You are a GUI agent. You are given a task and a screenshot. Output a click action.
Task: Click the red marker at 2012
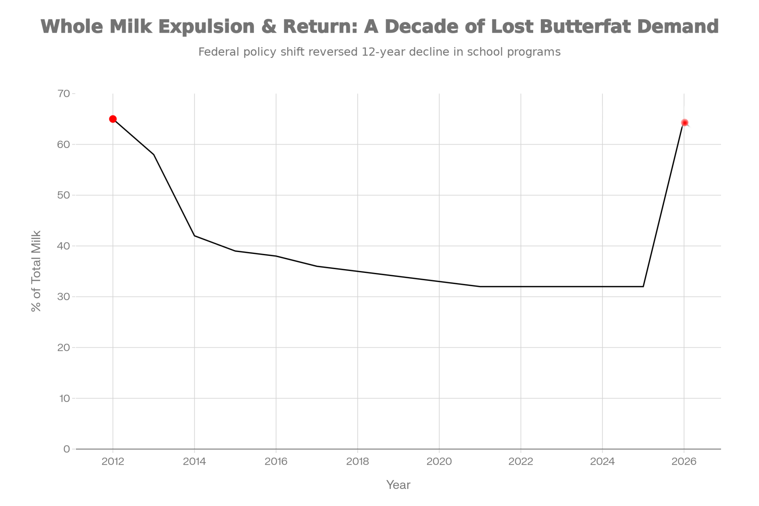113,119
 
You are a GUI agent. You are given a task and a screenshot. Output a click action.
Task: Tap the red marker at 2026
684,123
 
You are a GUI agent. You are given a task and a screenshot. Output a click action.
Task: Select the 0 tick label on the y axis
67,449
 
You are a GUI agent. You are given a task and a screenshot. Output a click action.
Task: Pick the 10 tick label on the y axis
65,398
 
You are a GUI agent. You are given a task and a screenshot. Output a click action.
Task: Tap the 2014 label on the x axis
194,462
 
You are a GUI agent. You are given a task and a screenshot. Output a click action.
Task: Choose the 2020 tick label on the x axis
439,462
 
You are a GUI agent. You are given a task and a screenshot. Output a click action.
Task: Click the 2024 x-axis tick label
602,462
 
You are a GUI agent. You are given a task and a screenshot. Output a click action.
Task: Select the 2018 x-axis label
357,462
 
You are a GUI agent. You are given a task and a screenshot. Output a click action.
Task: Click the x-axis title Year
398,485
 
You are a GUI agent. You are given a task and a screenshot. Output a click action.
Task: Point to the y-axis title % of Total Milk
36,271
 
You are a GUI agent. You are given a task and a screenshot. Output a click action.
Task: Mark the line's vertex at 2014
194,236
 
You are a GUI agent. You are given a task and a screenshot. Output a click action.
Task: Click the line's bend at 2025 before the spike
643,287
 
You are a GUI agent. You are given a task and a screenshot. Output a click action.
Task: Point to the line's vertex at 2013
154,154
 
